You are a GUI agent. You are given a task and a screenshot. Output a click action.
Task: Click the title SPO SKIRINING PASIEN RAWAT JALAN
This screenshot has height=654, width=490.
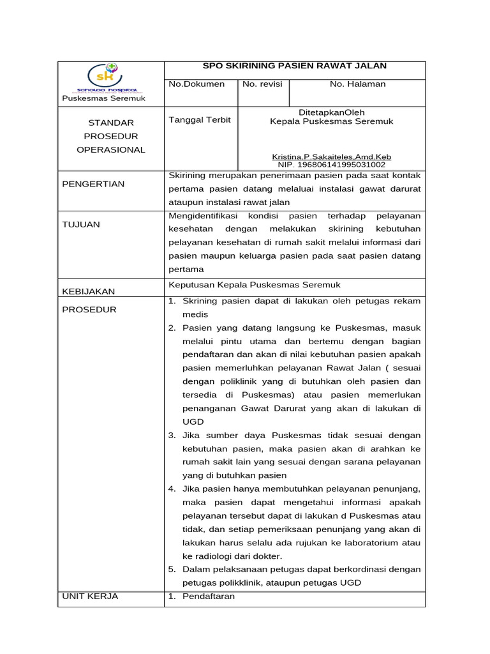coord(295,66)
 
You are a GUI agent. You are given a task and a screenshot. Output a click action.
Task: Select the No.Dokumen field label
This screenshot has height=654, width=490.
coord(197,84)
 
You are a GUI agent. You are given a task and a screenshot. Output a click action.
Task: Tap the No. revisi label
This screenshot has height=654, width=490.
coord(262,84)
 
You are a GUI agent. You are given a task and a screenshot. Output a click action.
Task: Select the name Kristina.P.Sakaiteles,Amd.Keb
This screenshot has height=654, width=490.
coord(332,156)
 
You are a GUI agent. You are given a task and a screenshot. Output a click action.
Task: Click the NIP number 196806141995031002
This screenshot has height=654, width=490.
coord(332,164)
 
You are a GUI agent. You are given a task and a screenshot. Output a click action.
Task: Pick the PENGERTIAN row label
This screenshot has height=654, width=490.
coord(93,184)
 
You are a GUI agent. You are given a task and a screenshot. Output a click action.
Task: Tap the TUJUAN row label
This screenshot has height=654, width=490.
coord(81,224)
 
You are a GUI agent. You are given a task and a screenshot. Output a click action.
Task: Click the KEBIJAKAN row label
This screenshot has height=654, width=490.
coord(89,291)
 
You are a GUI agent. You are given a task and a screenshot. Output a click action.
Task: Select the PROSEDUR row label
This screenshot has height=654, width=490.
coord(89,310)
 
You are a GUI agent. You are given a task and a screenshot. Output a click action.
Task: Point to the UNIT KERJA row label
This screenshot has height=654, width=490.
coord(90,597)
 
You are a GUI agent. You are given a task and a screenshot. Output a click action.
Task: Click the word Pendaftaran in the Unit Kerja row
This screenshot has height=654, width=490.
coord(209,597)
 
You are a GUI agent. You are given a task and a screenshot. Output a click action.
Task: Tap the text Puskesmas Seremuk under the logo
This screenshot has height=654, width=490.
coord(103,98)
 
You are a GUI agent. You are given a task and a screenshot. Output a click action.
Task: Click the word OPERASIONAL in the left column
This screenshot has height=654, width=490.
coord(111,150)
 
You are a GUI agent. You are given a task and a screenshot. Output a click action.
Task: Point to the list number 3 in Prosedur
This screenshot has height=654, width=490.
coord(172,435)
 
